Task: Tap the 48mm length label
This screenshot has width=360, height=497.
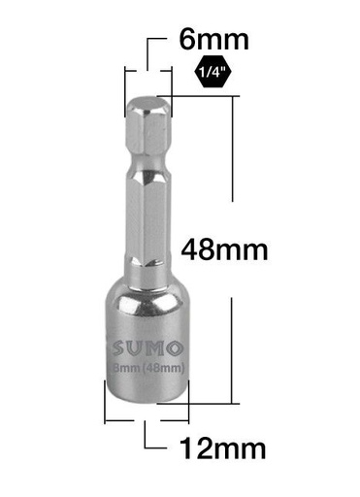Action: click(224, 250)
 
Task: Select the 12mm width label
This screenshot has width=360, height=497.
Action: click(222, 448)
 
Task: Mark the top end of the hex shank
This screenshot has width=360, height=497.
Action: click(149, 101)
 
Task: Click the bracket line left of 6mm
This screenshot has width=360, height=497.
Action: click(148, 53)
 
